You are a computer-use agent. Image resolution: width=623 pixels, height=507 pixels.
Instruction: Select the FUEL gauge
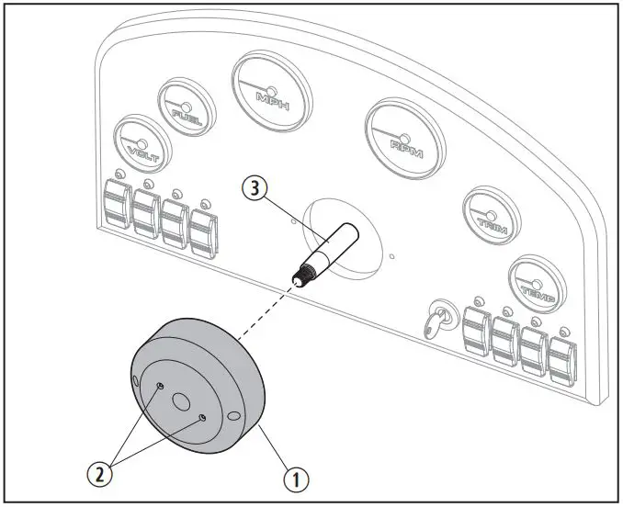[188, 108]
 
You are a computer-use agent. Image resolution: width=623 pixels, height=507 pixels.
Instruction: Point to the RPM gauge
[404, 139]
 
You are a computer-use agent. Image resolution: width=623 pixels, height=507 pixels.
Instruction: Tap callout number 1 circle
[294, 478]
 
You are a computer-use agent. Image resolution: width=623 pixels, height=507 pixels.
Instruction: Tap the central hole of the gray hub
[180, 401]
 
